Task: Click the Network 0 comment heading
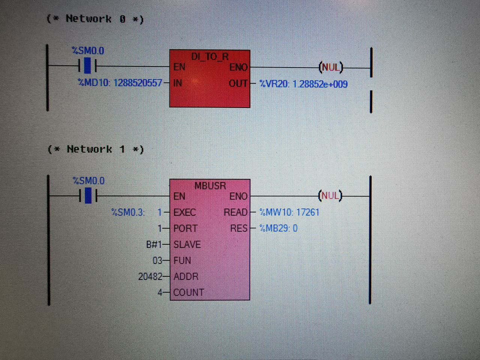(x=95, y=19)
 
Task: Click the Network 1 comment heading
(x=96, y=149)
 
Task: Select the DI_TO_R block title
(x=210, y=57)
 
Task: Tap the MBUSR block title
(x=210, y=186)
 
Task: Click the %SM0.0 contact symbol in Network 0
(x=87, y=66)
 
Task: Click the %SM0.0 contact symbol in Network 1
(x=88, y=196)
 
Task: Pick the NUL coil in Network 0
(x=331, y=67)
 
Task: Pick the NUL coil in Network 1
(x=330, y=195)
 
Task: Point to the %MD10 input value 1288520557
(x=120, y=83)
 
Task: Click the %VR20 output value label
(x=303, y=84)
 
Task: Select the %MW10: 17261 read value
(x=289, y=213)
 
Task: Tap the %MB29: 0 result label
(x=278, y=228)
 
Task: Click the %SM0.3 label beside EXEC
(x=128, y=213)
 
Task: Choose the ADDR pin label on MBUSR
(x=186, y=277)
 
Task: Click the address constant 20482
(x=150, y=277)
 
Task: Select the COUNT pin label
(x=189, y=292)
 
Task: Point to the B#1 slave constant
(x=154, y=244)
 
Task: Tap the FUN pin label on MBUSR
(x=182, y=261)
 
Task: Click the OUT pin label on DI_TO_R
(x=238, y=84)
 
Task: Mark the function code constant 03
(x=157, y=261)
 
